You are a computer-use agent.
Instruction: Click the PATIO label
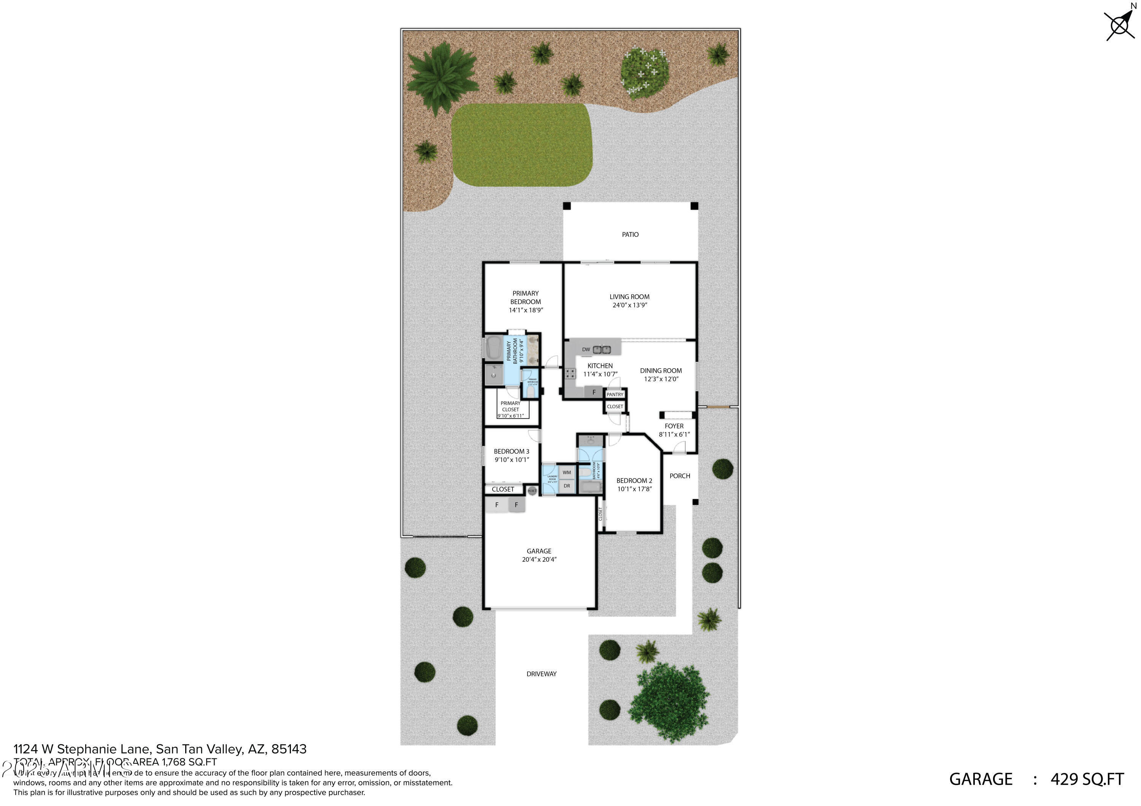(630, 234)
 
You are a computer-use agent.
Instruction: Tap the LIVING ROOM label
(629, 296)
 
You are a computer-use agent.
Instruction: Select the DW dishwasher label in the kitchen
(586, 350)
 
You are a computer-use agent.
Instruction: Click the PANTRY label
(615, 394)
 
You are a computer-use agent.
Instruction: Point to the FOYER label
(674, 426)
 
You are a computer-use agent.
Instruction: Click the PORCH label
(679, 476)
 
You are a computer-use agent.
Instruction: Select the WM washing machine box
(567, 472)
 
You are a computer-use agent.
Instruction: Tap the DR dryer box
(567, 486)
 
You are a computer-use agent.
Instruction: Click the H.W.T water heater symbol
(532, 491)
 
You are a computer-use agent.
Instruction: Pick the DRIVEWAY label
(541, 674)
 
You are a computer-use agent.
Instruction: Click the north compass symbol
(1120, 24)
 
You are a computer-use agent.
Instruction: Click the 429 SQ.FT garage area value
(1087, 779)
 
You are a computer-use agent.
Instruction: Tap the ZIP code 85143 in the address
(289, 749)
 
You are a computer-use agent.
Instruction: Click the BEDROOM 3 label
(512, 451)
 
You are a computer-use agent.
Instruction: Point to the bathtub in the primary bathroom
(493, 348)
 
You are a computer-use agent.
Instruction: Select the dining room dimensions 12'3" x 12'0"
(661, 379)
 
